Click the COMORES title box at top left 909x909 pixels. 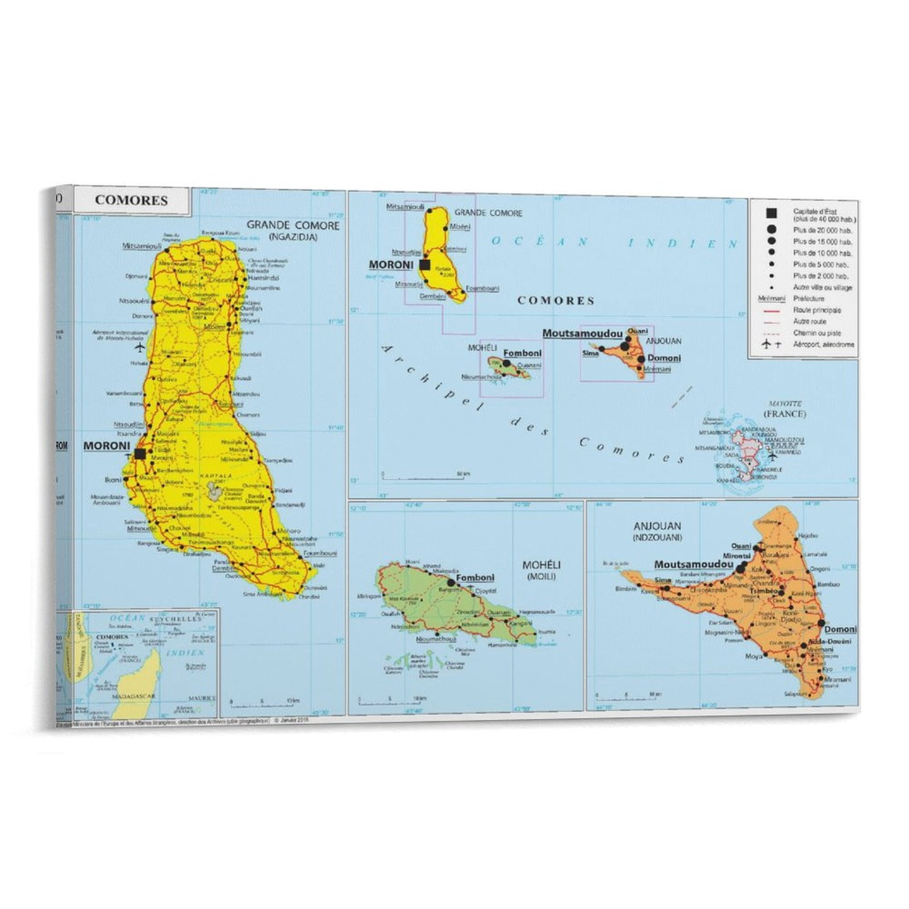tap(131, 200)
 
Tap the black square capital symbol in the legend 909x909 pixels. tap(771, 214)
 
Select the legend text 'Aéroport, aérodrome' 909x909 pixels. tap(823, 344)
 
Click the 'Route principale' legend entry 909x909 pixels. tap(816, 310)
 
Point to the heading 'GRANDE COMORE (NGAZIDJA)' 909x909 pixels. tap(293, 230)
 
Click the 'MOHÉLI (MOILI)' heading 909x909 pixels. tap(541, 570)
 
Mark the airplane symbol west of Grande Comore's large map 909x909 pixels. tap(139, 347)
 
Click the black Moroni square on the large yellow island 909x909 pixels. tap(140, 453)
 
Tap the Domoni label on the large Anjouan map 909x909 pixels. tap(840, 629)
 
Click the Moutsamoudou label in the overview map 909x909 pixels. tap(582, 333)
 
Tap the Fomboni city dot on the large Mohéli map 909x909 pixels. tap(451, 582)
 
